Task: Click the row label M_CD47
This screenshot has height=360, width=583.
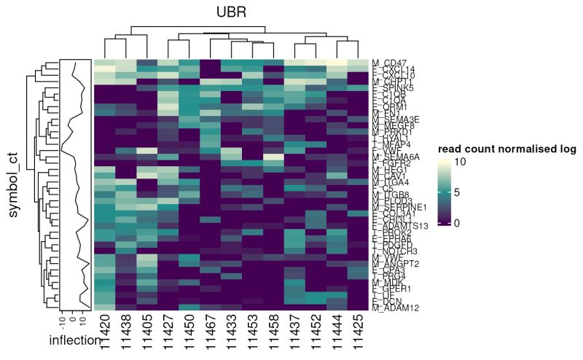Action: pyautogui.click(x=391, y=63)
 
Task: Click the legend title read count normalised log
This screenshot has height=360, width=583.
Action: pyautogui.click(x=506, y=149)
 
